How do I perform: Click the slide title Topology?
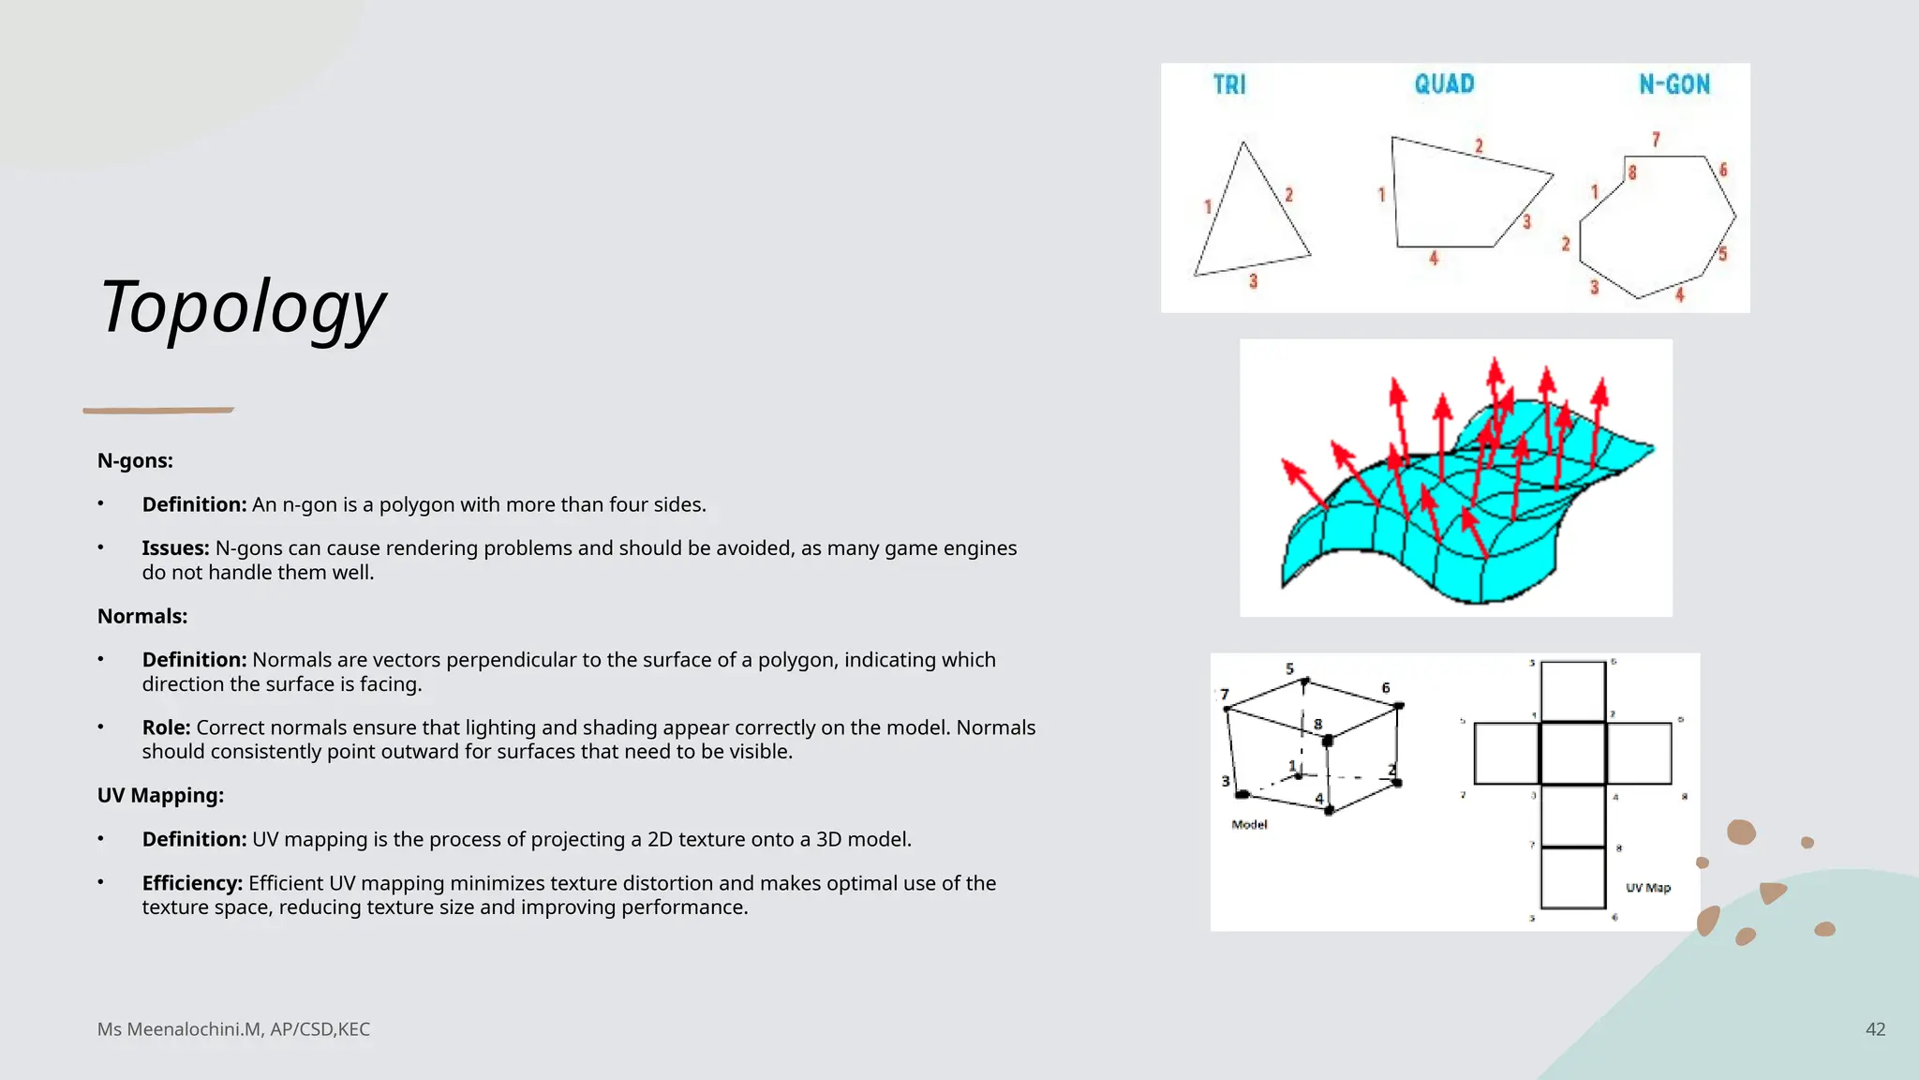tap(242, 307)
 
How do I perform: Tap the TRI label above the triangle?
tap(1229, 85)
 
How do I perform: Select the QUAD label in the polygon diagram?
tap(1444, 84)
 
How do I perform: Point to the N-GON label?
tap(1674, 85)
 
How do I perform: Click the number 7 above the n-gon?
tap(1656, 140)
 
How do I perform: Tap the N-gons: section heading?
tap(135, 460)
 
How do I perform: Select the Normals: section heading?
tap(142, 616)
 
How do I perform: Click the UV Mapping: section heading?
tap(160, 795)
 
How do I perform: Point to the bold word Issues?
tap(175, 547)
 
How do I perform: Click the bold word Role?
tap(166, 727)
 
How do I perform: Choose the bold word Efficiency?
tap(192, 883)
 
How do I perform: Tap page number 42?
tap(1875, 1029)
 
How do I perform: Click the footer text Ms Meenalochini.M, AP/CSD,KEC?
tap(233, 1029)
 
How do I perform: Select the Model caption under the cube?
tap(1249, 825)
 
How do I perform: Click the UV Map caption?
tap(1648, 888)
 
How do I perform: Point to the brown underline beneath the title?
tap(158, 410)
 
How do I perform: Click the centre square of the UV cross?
tap(1573, 753)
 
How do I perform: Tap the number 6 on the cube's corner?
tap(1386, 688)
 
